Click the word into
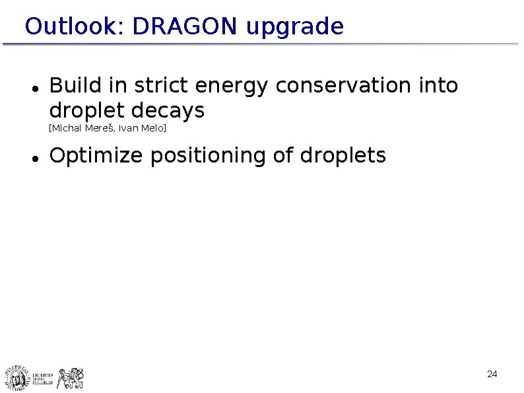438,86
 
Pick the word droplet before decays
84,110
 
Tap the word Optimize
96,157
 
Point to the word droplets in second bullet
343,157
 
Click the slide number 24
492,375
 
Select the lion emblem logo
71,378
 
